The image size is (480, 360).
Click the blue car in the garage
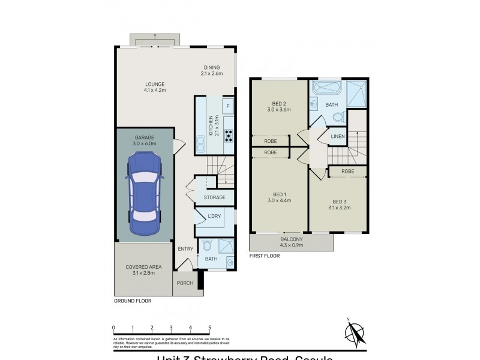145,193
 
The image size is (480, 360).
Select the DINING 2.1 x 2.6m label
212,71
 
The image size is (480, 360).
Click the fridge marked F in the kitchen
227,107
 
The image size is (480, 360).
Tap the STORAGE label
214,197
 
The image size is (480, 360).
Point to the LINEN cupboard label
338,138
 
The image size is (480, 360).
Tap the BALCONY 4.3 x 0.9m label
292,242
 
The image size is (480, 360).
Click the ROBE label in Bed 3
347,172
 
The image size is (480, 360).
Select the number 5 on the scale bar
209,328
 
